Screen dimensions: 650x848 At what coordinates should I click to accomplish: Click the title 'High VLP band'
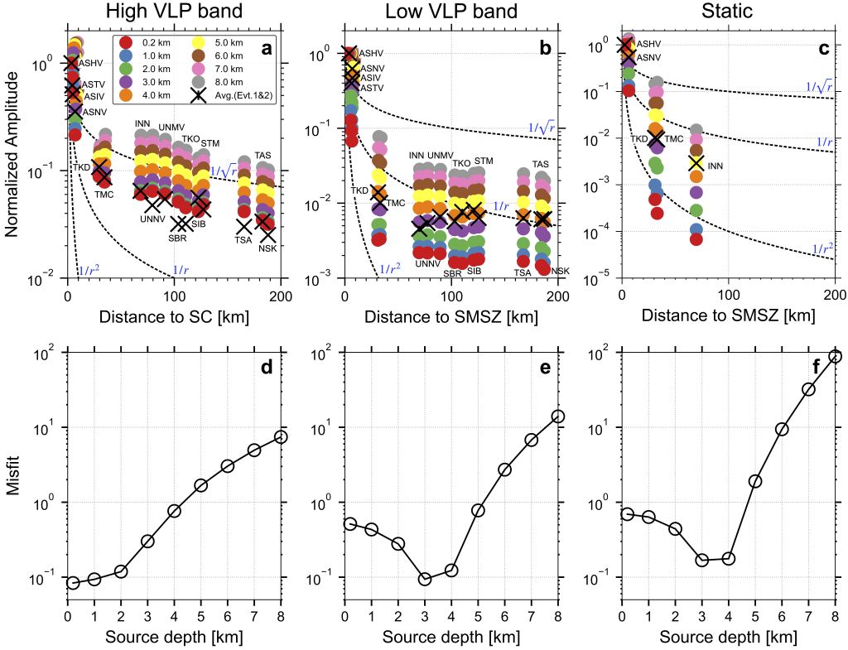[173, 12]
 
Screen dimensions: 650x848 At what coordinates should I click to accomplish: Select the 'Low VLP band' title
[450, 12]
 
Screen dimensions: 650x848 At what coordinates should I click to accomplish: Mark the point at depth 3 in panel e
[425, 579]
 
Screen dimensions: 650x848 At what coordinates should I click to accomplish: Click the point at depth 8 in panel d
[281, 436]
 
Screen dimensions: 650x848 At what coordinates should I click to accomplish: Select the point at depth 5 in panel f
[755, 481]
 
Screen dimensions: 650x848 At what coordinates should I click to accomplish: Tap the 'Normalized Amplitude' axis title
[12, 154]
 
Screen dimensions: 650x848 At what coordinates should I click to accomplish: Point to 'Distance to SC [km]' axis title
[173, 316]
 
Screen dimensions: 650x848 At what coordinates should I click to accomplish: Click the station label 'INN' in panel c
[715, 166]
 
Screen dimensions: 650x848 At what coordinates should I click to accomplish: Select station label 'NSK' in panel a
[267, 248]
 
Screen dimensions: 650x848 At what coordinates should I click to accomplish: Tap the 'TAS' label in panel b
[540, 164]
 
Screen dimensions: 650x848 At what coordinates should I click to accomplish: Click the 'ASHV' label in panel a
[90, 62]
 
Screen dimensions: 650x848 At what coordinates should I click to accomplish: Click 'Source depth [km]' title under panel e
[450, 638]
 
